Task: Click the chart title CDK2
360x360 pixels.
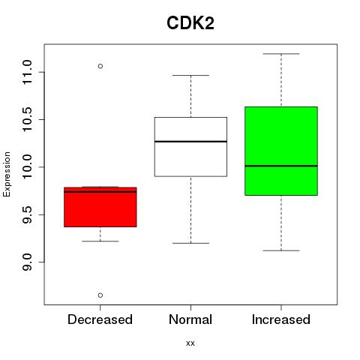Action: tap(190, 23)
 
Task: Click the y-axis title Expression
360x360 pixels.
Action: tap(7, 174)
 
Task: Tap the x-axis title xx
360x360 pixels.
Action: tap(190, 343)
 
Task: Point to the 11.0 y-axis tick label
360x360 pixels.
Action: tap(27, 72)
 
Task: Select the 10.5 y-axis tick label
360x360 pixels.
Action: tap(27, 119)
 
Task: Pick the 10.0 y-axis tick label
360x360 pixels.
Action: tap(27, 167)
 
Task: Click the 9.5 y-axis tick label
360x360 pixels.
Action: tap(27, 214)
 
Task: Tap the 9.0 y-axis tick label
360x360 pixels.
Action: tap(27, 262)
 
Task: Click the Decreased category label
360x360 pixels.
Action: tap(100, 319)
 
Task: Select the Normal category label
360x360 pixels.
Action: tap(190, 319)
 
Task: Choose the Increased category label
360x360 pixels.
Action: tap(281, 319)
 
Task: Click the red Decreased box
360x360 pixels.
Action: tap(100, 207)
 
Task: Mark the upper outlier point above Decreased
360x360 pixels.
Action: tap(100, 66)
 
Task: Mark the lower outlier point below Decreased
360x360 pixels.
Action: tap(100, 295)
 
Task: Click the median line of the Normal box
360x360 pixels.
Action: tap(190, 142)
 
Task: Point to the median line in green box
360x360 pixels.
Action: tap(281, 166)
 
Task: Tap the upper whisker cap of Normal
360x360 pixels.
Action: tap(190, 75)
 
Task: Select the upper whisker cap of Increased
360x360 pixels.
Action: tap(281, 54)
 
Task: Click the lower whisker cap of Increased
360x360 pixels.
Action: tap(281, 250)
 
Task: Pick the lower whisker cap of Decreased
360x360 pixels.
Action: tap(100, 241)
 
